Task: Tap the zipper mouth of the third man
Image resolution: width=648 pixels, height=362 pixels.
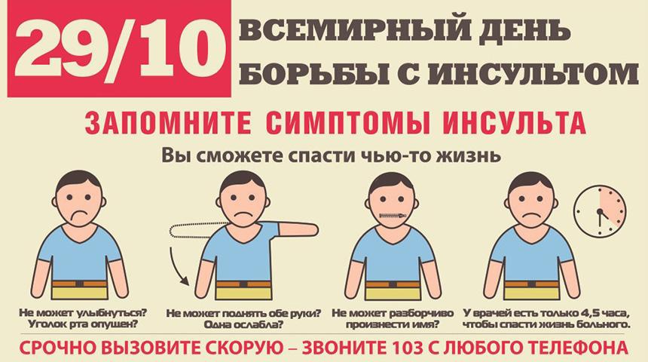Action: tap(396, 216)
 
